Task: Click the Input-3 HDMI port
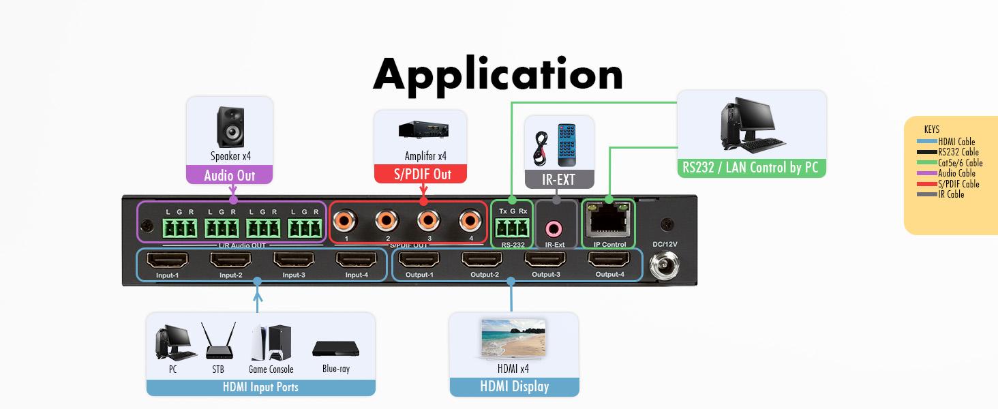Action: coord(293,260)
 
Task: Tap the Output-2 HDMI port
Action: coord(481,260)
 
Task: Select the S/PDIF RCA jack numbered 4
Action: coord(469,219)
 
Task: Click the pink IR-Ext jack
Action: coord(555,228)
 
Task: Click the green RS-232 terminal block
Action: coord(513,226)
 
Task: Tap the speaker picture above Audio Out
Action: coord(230,125)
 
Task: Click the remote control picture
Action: coord(567,145)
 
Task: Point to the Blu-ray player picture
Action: coord(335,348)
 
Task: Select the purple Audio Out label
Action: coord(230,175)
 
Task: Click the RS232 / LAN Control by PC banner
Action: coord(751,167)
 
